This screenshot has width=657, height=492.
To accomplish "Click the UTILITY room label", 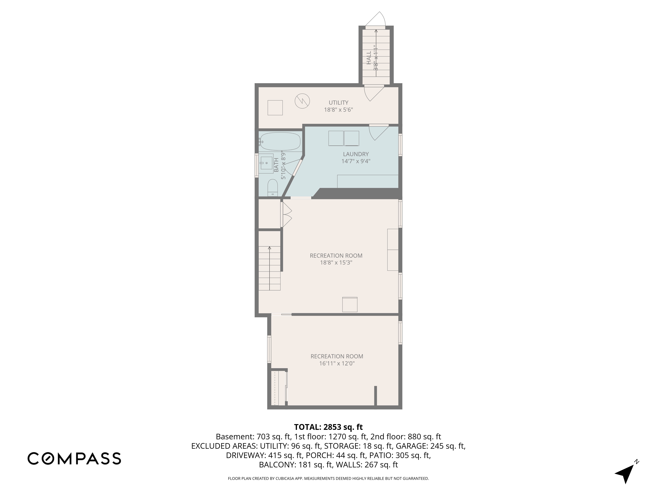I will pos(338,103).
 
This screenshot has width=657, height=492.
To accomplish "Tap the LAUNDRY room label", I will pos(356,154).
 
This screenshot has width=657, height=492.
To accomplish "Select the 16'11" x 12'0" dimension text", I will pos(337,363).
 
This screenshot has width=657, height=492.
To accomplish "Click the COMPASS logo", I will pos(74,458).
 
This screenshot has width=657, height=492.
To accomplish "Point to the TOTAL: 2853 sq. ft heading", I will pos(328,427).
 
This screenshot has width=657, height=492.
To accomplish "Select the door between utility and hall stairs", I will pos(374,92).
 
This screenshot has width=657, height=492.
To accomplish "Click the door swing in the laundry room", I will pos(379,132).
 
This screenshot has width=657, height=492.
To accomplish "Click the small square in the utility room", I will pos(275,108).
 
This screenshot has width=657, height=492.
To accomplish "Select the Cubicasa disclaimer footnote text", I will pos(328,478).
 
